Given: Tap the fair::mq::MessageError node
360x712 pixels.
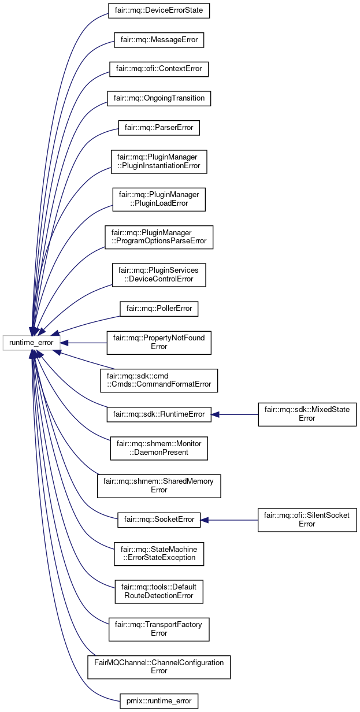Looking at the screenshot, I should coord(158,40).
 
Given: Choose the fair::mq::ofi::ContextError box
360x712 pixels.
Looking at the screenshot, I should coord(158,69).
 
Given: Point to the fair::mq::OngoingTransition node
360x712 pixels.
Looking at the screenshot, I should coord(158,98).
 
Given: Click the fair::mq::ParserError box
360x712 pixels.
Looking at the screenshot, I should coord(158,127).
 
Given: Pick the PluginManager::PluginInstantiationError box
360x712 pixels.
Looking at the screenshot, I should coord(158,161).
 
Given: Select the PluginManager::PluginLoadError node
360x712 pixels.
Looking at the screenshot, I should coord(158,199).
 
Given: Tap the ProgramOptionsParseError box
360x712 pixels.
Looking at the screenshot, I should coord(158,237).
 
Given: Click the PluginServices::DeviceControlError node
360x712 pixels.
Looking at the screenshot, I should coord(158,275).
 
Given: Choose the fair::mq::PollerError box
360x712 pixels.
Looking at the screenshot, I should coord(158,309).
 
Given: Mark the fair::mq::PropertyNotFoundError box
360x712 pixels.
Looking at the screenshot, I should coord(158,342).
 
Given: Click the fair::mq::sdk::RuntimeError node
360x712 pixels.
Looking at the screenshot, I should coord(158,414).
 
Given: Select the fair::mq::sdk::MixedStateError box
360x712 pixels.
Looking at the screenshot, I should coord(307,414).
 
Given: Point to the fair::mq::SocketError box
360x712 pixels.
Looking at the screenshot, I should coord(158,519).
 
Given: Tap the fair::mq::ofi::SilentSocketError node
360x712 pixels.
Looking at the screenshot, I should coord(307,519).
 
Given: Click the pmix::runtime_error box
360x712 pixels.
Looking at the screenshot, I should coord(158,702).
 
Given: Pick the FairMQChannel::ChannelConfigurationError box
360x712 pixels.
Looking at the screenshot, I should coord(158,667).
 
